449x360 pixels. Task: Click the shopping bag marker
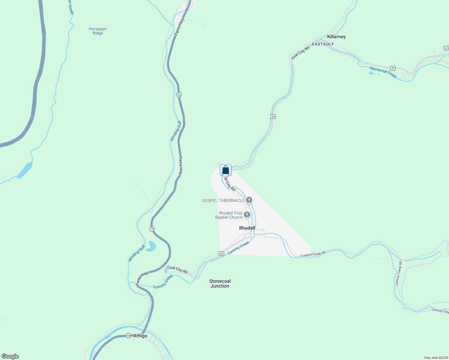click(225, 170)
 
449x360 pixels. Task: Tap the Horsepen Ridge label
click(98, 31)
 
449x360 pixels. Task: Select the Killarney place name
click(336, 37)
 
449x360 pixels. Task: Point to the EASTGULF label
click(323, 44)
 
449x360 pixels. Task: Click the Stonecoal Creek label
click(383, 72)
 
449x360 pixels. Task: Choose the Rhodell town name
click(247, 228)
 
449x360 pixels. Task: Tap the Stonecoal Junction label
click(220, 283)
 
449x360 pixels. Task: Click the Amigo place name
click(140, 336)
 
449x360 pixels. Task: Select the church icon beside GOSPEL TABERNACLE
click(249, 200)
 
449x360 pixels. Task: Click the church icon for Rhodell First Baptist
click(247, 214)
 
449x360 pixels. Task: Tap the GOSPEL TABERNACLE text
click(223, 200)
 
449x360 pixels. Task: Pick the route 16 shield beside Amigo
click(128, 336)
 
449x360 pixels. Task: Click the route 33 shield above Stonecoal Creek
click(393, 68)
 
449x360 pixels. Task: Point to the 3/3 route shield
click(446, 48)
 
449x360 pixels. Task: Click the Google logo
click(10, 356)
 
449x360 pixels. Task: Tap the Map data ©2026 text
click(436, 358)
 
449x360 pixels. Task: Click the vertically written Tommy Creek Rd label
click(399, 273)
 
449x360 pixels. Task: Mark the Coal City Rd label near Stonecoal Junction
click(177, 269)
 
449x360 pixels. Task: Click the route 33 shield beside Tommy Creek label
click(221, 253)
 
